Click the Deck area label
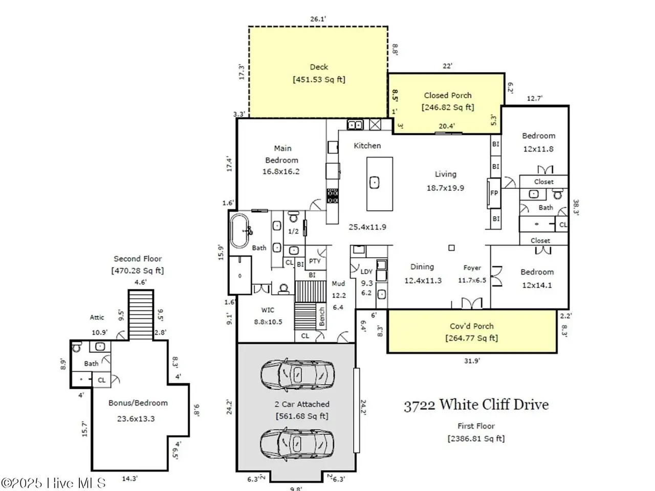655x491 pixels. pos(319,67)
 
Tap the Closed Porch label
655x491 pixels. pos(448,96)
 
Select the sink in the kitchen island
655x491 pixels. pos(375,183)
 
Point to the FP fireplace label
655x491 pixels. pos(494,193)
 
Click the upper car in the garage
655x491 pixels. pos(297,375)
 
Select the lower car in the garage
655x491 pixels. pos(297,444)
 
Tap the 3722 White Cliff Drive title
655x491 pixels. pos(476,406)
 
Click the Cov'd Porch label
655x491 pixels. pos(471,326)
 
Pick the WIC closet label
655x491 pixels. pos(268,310)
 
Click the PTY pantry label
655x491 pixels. pos(315,261)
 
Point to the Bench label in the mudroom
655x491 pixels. pos(321,317)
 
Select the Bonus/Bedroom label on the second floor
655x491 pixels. pos(138,403)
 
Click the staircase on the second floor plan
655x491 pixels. pos(141,315)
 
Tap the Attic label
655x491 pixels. pos(97,317)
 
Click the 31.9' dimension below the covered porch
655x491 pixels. pos(472,361)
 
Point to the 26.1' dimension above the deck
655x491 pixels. pos(318,19)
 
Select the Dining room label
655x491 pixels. pos(422,267)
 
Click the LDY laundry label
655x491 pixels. pos(366,272)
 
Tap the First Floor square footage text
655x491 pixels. pos(476,438)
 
